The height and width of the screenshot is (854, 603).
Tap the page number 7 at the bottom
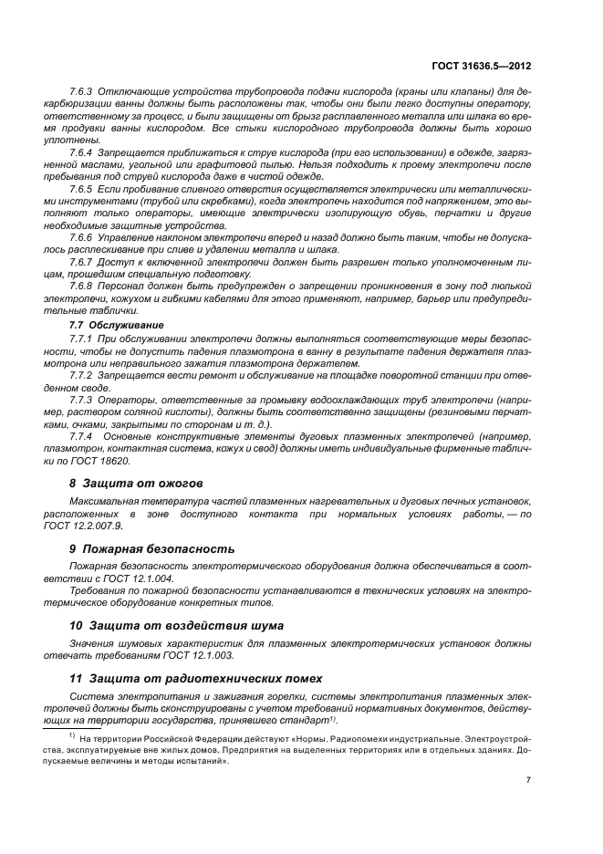pos(528,779)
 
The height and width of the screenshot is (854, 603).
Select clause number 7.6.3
pos(82,93)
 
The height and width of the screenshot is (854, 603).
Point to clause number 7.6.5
pos(82,189)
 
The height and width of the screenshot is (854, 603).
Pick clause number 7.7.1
pos(82,338)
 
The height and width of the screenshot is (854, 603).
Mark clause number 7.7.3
pos(82,400)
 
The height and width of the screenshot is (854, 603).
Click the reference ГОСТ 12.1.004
pos(145,579)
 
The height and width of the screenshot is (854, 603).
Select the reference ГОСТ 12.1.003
pos(206,655)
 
